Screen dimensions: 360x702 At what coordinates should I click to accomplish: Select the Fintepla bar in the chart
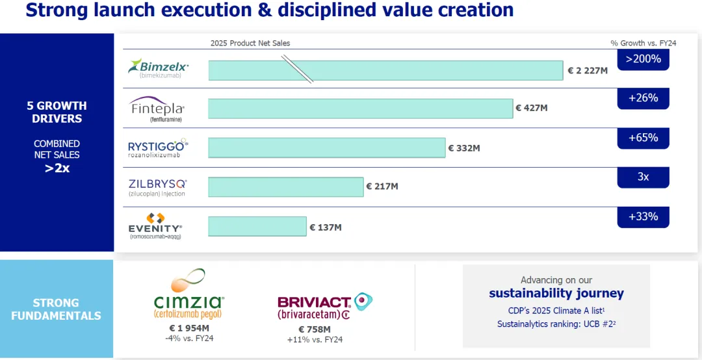coord(360,109)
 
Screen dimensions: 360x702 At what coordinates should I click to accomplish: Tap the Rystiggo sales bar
coord(326,148)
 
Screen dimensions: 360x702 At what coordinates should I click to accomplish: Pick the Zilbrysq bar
coord(285,186)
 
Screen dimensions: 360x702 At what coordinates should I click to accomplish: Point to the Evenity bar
coord(257,226)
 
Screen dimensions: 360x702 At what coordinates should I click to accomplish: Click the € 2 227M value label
coord(588,71)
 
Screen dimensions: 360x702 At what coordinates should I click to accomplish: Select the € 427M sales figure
coord(532,108)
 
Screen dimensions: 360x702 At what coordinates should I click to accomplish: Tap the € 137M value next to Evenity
coord(326,227)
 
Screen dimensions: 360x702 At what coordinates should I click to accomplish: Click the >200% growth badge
coord(643,59)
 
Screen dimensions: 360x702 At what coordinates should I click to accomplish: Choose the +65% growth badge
coord(643,138)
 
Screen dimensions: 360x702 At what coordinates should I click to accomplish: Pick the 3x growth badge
coord(643,177)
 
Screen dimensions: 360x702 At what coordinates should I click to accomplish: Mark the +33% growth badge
coord(643,216)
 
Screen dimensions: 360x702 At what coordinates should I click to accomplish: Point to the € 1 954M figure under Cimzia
coord(190,328)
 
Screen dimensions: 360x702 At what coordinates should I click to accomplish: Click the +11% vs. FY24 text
coord(315,339)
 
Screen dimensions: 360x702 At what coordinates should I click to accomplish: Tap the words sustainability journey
coord(556,293)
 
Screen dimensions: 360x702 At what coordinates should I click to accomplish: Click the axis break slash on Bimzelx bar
coord(296,69)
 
